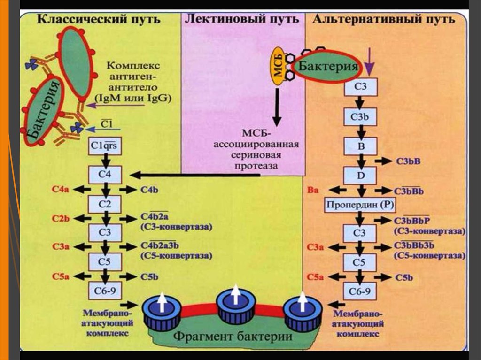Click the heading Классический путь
99,20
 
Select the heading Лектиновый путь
242,20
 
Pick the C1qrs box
105,146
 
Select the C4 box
105,175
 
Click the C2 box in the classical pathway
105,204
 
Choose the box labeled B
360,146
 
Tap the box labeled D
360,175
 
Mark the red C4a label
62,190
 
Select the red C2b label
62,218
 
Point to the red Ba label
314,190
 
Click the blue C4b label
149,190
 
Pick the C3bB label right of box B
408,161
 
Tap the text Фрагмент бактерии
233,337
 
